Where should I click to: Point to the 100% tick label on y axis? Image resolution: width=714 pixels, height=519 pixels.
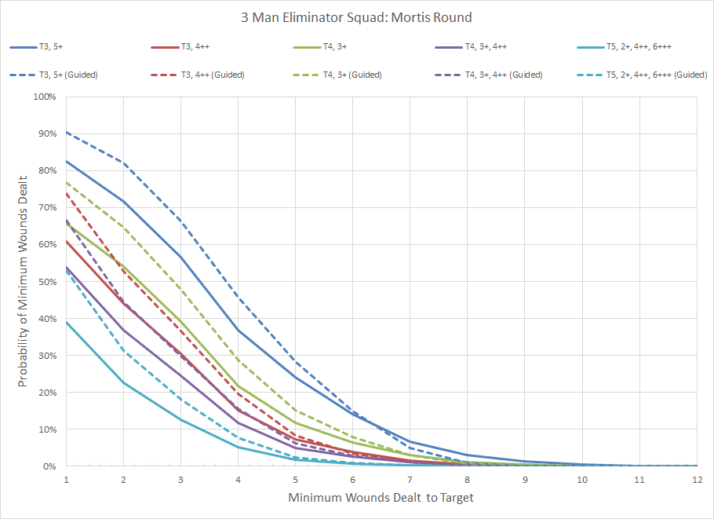(x=45, y=97)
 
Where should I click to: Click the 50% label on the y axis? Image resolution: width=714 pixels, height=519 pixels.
(x=47, y=281)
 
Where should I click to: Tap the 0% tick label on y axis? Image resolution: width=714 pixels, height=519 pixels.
(x=49, y=466)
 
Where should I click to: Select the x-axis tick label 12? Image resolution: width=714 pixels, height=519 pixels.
(x=697, y=479)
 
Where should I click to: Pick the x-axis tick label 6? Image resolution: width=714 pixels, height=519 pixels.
(x=353, y=479)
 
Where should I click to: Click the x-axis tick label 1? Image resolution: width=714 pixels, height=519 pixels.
(x=67, y=479)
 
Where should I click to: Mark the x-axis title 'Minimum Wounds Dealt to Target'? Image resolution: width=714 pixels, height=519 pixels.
(x=381, y=498)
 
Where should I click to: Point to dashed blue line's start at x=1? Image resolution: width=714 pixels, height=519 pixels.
(x=67, y=132)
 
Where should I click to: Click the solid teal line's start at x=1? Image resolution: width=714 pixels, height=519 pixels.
(x=67, y=322)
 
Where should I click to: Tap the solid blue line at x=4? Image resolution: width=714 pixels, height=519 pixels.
(x=239, y=330)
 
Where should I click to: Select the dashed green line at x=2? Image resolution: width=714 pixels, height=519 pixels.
(x=124, y=228)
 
